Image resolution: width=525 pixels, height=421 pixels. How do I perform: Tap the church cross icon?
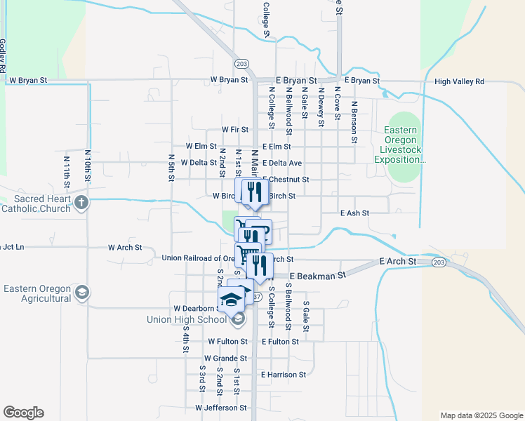82,203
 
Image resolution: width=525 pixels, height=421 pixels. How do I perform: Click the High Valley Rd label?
459,81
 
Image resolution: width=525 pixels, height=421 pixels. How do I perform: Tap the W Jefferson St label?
220,407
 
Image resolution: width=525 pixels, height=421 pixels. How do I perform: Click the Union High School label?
187,319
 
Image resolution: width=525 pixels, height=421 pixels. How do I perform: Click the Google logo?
23,413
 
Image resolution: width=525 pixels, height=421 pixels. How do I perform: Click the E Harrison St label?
284,375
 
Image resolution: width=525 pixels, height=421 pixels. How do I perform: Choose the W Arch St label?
125,248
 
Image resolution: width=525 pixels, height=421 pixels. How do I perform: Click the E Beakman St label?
317,276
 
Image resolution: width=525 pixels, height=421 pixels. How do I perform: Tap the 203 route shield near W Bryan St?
241,64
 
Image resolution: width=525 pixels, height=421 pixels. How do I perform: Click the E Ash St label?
354,213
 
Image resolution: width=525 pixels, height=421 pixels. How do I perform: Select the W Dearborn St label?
194,308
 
